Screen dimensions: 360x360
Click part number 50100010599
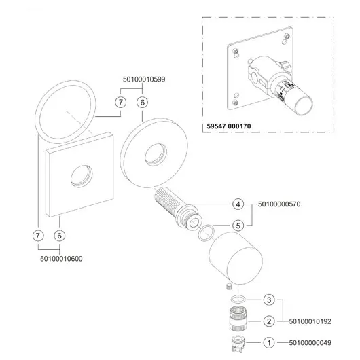(144, 79)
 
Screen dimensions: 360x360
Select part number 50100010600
(61, 259)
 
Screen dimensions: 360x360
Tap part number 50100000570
(279, 204)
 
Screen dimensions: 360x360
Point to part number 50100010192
(310, 321)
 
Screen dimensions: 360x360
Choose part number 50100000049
(310, 343)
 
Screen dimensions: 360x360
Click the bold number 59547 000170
(229, 126)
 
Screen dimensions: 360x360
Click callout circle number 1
(269, 343)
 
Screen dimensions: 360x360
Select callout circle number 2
(269, 321)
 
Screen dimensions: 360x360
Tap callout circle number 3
(269, 300)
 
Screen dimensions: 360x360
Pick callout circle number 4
(238, 204)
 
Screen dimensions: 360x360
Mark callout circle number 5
(238, 226)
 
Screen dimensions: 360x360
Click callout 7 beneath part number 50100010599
(121, 102)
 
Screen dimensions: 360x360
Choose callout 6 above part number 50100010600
(60, 236)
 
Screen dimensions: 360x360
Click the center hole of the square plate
(82, 176)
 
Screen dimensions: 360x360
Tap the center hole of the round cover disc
(156, 154)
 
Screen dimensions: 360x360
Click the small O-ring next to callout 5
(206, 233)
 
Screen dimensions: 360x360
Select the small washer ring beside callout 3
(238, 300)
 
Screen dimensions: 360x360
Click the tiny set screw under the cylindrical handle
(229, 287)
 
